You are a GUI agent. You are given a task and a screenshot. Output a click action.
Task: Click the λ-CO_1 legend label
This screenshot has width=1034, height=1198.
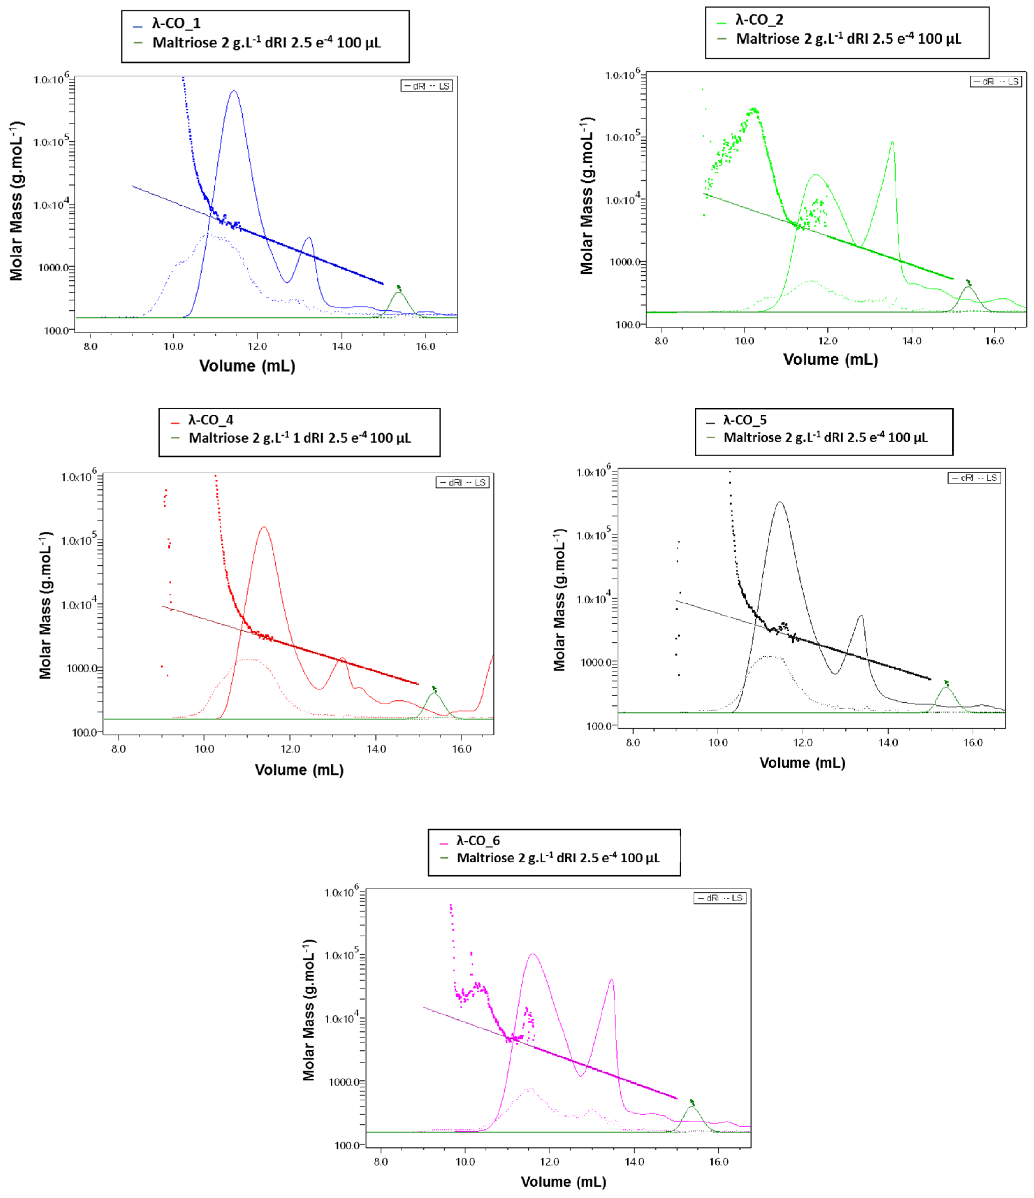click(176, 24)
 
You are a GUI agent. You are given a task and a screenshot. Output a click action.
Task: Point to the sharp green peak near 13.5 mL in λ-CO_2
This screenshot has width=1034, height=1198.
click(892, 142)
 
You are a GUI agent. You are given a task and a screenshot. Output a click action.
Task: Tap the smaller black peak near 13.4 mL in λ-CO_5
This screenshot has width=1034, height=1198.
click(861, 616)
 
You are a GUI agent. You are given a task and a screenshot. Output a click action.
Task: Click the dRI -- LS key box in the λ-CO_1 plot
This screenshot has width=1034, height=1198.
click(426, 86)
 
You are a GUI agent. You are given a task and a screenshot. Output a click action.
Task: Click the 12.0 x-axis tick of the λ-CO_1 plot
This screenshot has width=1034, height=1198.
click(257, 346)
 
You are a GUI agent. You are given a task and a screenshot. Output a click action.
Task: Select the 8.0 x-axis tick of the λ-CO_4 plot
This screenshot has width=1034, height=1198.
click(119, 749)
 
